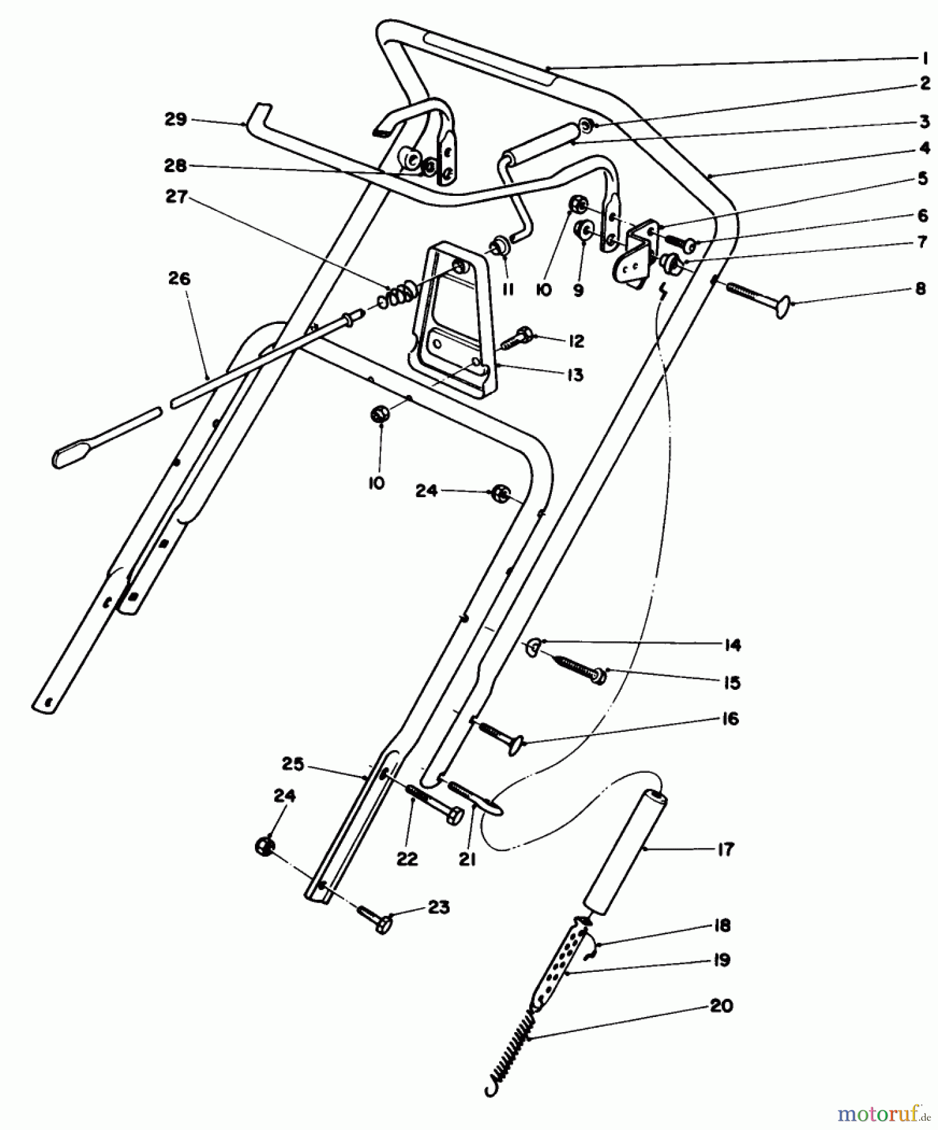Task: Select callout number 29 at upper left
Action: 175,119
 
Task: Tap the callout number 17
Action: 725,849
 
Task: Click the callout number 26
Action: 179,278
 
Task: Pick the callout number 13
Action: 574,375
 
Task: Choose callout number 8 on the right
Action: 920,289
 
